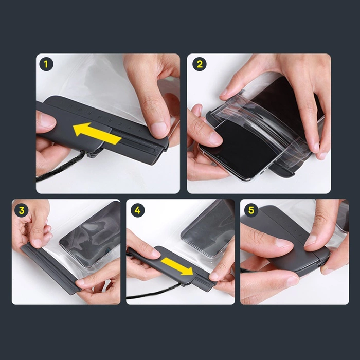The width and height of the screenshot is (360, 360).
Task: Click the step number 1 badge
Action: [x=47, y=65]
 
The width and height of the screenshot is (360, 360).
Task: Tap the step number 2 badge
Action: [x=198, y=65]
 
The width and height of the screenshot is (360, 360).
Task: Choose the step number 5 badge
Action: [x=251, y=210]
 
